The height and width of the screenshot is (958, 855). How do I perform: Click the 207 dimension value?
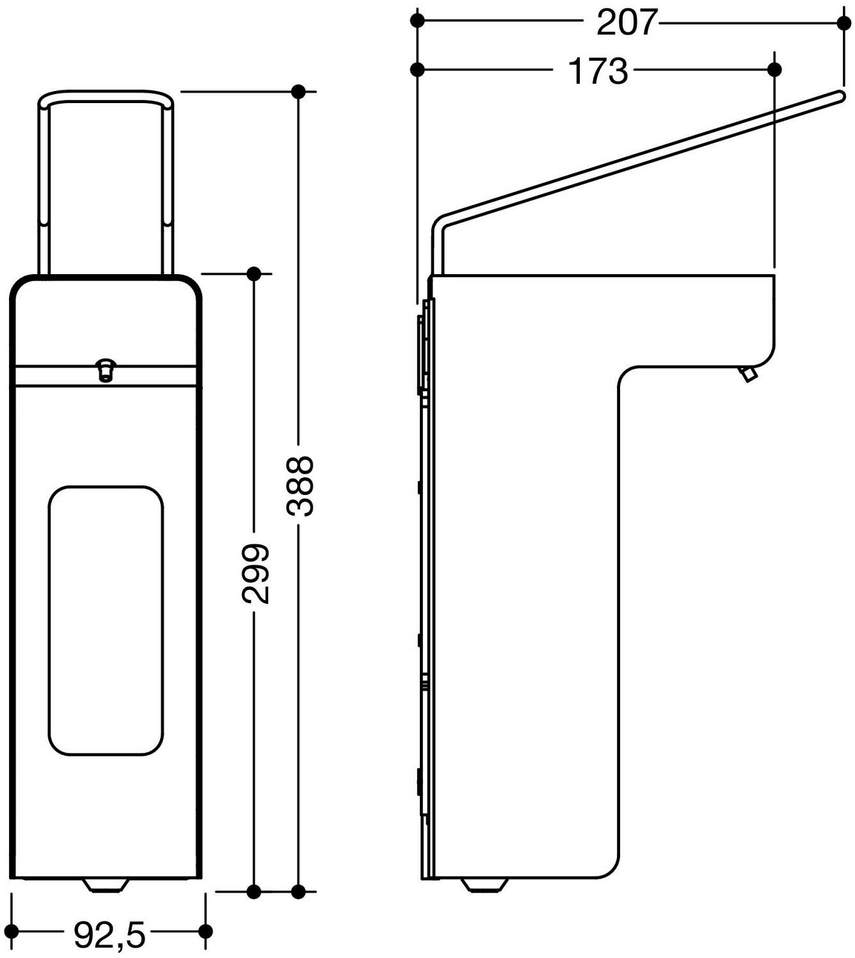click(627, 22)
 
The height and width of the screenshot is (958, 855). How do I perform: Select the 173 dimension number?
click(598, 70)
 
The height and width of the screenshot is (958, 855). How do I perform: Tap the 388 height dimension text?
click(300, 485)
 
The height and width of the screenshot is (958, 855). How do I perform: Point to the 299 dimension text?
click(255, 574)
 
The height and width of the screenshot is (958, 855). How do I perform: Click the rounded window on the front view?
click(106, 621)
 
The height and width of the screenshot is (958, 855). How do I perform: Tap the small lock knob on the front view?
click(106, 369)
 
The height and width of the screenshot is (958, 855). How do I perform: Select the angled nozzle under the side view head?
click(749, 374)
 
